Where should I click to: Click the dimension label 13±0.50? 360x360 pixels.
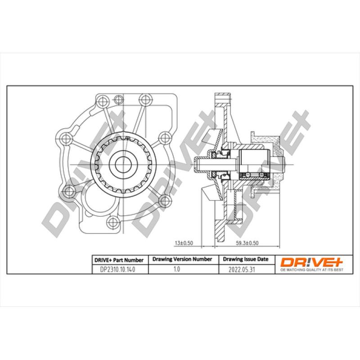[x=184, y=243]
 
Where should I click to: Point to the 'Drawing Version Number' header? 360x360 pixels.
[x=182, y=260]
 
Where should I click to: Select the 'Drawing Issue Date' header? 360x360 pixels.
[x=245, y=260]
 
